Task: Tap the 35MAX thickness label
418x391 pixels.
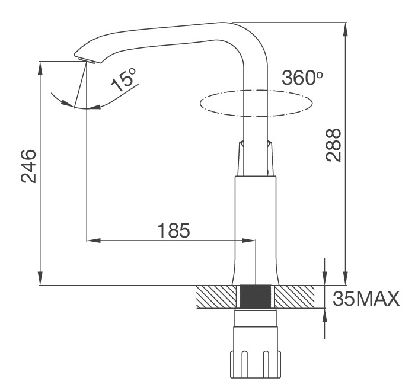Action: click(365, 298)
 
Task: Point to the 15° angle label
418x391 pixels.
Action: click(125, 80)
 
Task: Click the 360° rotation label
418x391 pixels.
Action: click(302, 78)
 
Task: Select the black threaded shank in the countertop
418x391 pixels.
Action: click(256, 296)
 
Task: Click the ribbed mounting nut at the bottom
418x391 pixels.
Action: click(256, 364)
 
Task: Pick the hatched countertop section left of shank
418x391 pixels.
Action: click(216, 296)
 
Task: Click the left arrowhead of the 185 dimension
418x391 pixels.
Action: click(92, 241)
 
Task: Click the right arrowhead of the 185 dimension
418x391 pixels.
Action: click(250, 241)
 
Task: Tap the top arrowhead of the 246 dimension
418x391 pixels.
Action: click(40, 66)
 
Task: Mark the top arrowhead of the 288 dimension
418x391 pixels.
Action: click(345, 28)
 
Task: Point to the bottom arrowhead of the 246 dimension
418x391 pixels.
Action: click(40, 280)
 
